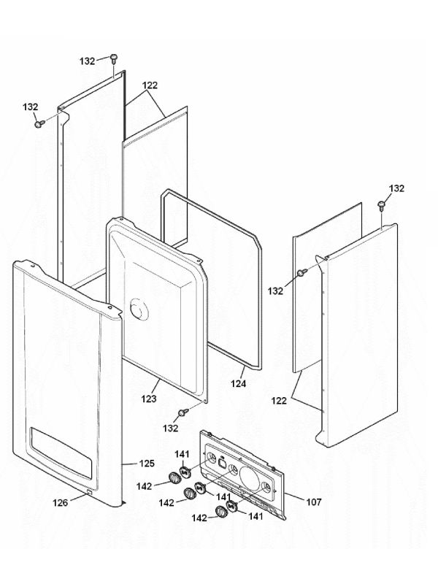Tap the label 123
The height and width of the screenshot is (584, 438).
point(149,400)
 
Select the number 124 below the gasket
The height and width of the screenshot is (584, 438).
point(239,383)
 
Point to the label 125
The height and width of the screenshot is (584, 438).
point(147,463)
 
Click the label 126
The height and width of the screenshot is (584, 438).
point(61,502)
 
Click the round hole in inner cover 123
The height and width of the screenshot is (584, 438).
point(137,310)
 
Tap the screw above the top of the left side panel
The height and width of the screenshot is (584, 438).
point(114,58)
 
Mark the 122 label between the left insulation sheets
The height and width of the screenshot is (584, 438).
point(150,85)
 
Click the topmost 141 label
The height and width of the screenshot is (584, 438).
point(182,455)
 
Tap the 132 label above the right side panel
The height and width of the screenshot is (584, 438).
point(396,188)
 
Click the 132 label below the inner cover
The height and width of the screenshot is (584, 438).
point(171,429)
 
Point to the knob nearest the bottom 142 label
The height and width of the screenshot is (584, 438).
point(220,514)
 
